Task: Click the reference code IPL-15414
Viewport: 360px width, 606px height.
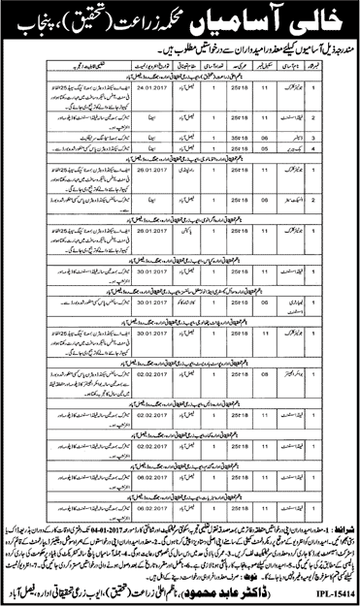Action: click(x=329, y=588)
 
